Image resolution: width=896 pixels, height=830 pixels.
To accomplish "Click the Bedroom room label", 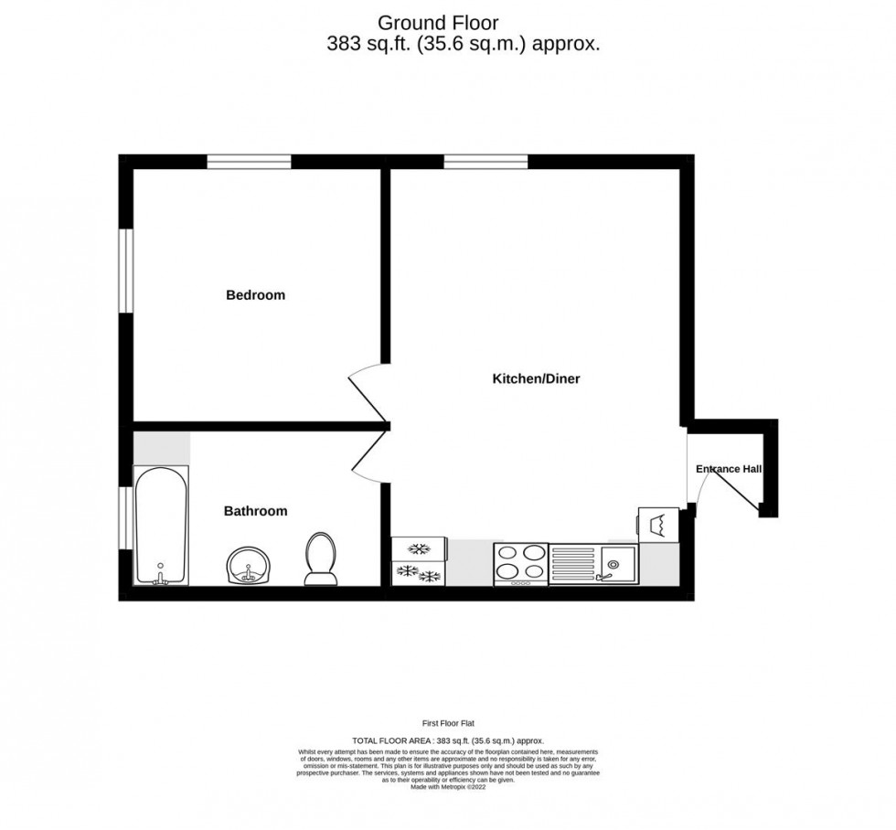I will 255,295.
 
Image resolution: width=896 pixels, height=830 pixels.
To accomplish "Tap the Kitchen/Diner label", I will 537,378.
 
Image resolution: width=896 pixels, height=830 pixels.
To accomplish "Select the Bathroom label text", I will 255,511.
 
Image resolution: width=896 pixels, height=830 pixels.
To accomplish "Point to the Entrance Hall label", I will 729,469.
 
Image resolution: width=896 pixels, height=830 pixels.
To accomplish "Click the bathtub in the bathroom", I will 161,526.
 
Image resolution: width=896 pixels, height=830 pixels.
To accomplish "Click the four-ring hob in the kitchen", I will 520,564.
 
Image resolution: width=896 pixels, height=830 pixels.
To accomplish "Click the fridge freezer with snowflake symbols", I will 419,561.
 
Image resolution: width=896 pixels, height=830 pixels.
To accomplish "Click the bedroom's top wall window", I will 249,162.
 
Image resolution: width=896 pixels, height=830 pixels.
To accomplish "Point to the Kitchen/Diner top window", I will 485,162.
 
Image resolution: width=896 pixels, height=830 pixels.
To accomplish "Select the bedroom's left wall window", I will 127,271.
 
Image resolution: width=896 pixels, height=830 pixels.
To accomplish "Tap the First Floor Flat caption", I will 447,722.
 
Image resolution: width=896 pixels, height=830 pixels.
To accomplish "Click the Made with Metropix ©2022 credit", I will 447,787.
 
